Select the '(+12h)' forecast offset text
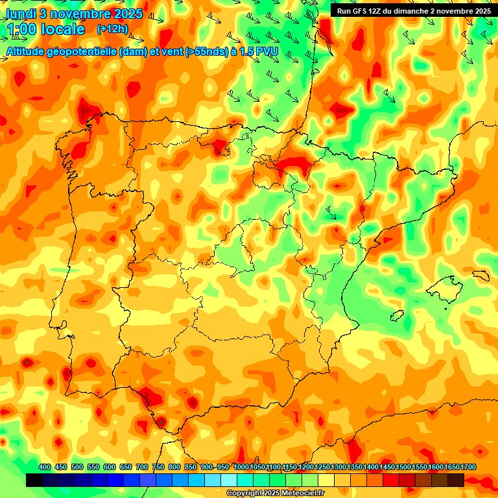click(112, 29)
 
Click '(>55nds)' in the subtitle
click(206, 52)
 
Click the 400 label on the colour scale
click(45, 467)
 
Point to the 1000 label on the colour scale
click(241, 467)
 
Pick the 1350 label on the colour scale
click(355, 467)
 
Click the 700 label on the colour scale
click(142, 467)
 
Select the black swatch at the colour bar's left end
click(34, 480)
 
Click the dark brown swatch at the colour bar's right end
click(456, 480)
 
